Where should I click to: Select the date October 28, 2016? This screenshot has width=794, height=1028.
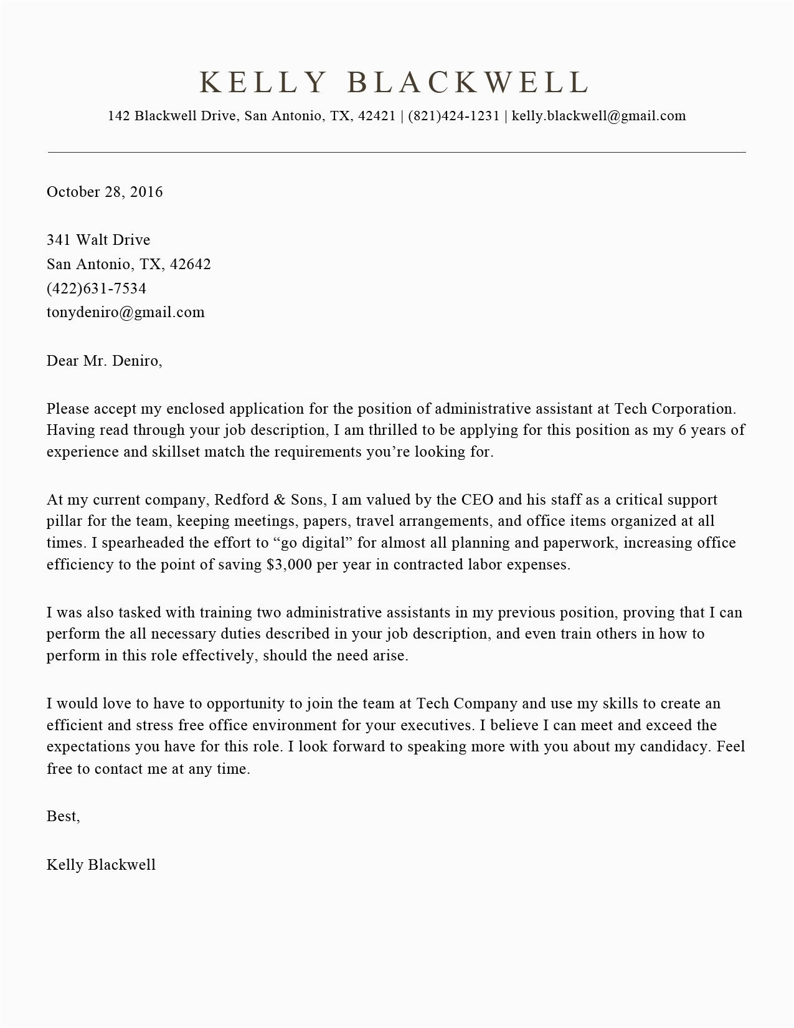[x=105, y=192]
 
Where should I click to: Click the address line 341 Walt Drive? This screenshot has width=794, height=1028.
[x=98, y=240]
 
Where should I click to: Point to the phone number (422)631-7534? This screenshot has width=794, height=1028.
[x=97, y=288]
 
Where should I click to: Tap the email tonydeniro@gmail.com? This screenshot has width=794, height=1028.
[x=125, y=312]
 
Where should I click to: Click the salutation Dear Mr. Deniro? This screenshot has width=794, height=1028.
[x=104, y=361]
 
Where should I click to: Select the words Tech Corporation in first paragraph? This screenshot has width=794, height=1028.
[x=674, y=409]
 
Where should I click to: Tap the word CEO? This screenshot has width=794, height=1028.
[x=478, y=500]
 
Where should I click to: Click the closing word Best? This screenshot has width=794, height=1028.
[x=63, y=816]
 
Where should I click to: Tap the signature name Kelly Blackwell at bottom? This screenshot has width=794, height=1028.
[x=101, y=865]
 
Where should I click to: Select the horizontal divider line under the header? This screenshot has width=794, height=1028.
[x=397, y=152]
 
